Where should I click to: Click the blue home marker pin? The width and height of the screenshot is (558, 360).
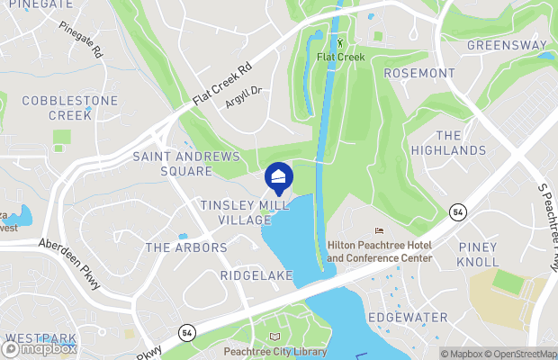tap(279, 176)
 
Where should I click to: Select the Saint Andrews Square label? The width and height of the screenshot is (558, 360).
tap(186, 163)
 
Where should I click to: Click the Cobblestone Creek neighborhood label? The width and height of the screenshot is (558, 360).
tap(58, 108)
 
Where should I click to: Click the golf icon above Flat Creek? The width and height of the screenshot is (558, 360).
tap(340, 42)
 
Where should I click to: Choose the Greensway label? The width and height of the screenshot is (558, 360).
tap(507, 44)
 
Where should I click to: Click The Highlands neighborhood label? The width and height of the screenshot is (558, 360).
tap(448, 142)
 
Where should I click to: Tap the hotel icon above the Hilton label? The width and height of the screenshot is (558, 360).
tap(379, 231)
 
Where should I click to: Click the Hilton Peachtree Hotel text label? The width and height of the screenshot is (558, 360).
tap(379, 251)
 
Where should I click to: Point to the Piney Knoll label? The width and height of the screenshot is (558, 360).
tap(478, 254)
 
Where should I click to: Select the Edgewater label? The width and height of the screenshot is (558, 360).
tap(408, 318)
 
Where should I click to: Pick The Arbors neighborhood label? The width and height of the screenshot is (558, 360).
tap(186, 247)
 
